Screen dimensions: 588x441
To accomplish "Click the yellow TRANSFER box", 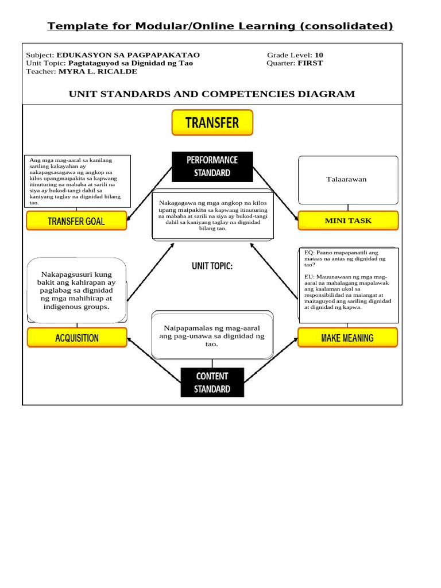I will (212, 122).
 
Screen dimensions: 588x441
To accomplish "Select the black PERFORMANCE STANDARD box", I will (212, 166).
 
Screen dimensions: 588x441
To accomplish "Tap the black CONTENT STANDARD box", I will (212, 382).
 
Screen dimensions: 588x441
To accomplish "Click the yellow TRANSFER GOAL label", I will (76, 221).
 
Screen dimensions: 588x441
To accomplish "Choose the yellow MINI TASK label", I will (348, 220).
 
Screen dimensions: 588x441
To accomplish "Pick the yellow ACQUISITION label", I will (76, 338).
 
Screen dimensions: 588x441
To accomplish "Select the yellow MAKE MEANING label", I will (347, 338).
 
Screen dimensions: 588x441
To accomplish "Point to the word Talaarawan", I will (347, 179).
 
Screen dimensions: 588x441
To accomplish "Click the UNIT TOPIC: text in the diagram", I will (212, 266).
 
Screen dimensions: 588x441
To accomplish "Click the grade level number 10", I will (319, 55).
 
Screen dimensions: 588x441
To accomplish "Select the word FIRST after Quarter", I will (310, 63).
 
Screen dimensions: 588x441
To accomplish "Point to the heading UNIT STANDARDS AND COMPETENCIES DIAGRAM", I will (212, 94).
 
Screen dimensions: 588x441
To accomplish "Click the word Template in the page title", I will (71, 26).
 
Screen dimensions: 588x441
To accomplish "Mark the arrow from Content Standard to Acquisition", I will (154, 360).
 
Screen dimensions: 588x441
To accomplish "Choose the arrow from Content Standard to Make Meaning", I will (271, 360).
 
